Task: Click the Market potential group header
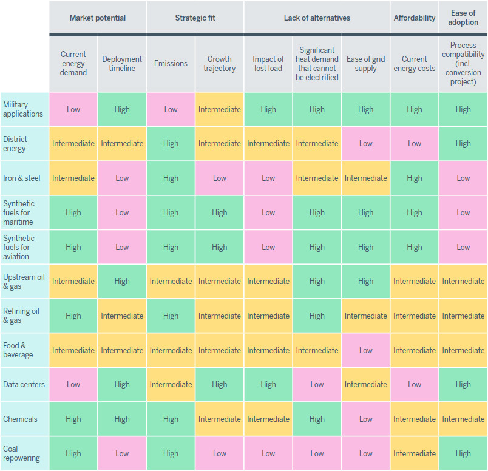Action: [98, 18]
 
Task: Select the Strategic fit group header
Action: [195, 18]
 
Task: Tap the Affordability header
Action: [415, 18]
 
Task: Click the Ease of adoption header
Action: [463, 18]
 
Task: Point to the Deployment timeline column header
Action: [122, 64]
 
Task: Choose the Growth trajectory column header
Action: [220, 64]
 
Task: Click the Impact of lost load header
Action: [268, 64]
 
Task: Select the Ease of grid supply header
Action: [366, 64]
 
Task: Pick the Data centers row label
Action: [24, 384]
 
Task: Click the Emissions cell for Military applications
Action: [171, 109]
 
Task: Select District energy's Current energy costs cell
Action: [415, 144]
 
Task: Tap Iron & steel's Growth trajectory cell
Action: [220, 178]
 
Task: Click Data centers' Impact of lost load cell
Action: [268, 384]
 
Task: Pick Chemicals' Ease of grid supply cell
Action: [366, 419]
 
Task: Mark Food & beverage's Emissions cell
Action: [171, 350]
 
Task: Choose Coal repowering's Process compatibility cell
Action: [463, 453]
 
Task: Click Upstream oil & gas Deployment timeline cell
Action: [122, 281]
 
